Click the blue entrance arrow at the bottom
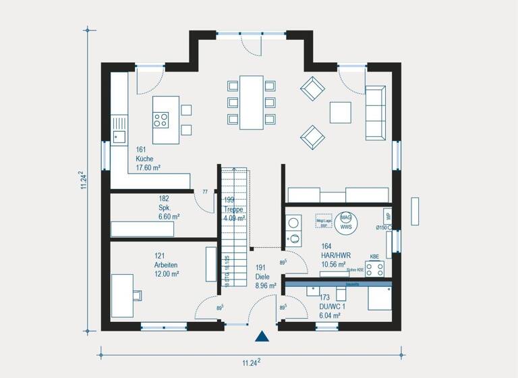(262, 336)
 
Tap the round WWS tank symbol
(346, 221)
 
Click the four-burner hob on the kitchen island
(161, 120)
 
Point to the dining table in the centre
(252, 103)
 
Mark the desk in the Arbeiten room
(123, 295)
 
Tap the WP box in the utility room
(388, 216)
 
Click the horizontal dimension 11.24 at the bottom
(250, 362)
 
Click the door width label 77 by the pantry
(204, 192)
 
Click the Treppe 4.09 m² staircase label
(234, 209)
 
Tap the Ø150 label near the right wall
(382, 228)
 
